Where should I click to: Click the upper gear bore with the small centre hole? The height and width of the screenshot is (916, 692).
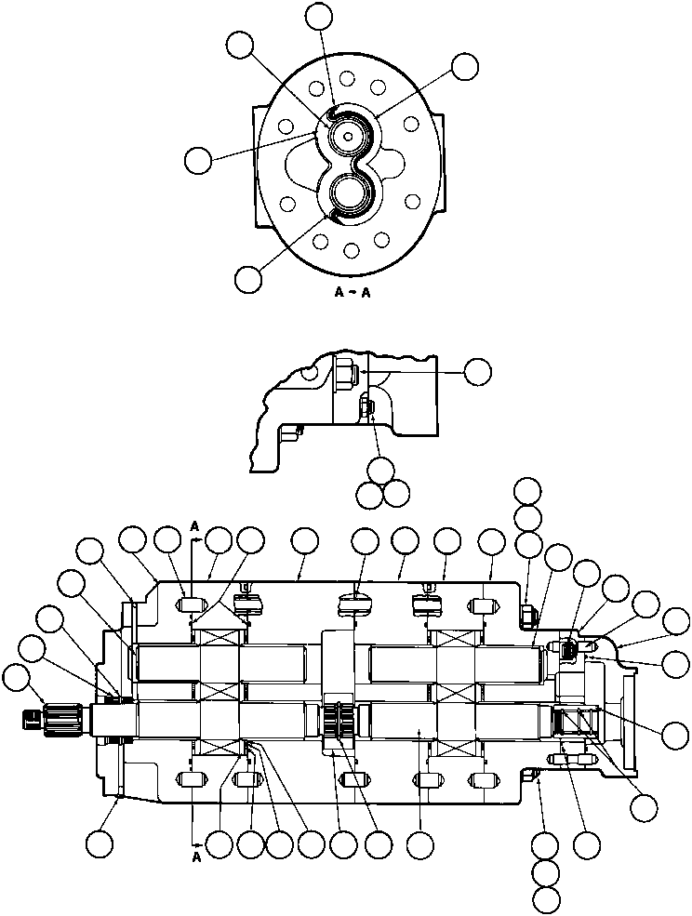pyautogui.click(x=347, y=136)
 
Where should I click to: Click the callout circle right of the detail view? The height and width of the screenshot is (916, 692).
pyautogui.click(x=478, y=371)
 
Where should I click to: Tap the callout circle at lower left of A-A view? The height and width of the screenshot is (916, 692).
pyautogui.click(x=248, y=278)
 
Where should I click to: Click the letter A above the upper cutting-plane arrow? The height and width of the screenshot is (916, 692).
pyautogui.click(x=193, y=526)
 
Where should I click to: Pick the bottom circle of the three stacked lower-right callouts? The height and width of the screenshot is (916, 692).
pyautogui.click(x=547, y=898)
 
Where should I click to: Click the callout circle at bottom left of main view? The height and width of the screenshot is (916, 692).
pyautogui.click(x=99, y=843)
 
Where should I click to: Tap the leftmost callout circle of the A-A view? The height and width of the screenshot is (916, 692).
pyautogui.click(x=197, y=159)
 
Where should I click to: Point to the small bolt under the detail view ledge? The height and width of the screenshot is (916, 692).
pyautogui.click(x=366, y=406)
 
